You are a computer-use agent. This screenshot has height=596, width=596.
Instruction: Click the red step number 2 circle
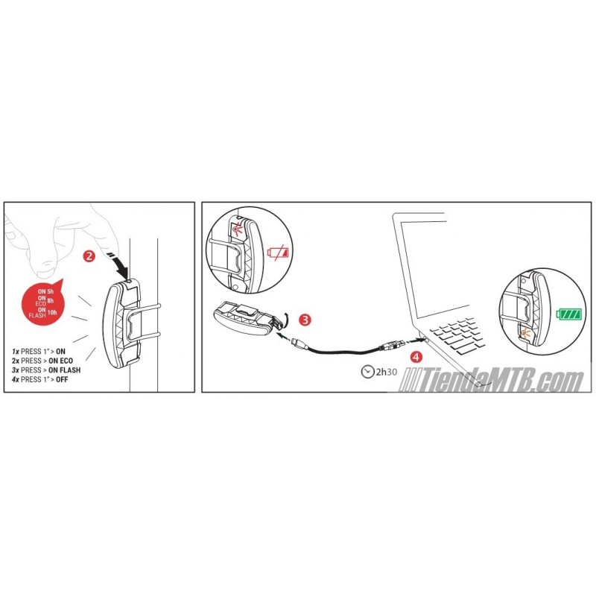point(89,256)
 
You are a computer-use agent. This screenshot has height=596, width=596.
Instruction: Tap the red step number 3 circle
point(305,320)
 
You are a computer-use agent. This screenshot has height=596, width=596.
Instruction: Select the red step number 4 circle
point(416,357)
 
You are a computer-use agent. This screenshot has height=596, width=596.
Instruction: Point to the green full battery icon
point(569,314)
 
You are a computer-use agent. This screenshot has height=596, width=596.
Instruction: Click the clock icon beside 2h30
point(367,371)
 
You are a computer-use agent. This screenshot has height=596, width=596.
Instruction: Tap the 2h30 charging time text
point(386,372)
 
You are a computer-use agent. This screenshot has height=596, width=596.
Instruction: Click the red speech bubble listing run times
point(43,302)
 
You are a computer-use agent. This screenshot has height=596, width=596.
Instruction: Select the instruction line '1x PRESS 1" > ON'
point(39,351)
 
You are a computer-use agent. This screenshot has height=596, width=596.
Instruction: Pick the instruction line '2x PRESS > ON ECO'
point(42,361)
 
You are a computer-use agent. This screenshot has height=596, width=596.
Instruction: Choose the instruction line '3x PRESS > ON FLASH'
point(46,370)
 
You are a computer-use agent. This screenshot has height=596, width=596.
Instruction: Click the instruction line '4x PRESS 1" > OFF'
point(40,379)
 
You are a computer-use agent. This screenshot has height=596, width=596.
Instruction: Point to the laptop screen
point(434,266)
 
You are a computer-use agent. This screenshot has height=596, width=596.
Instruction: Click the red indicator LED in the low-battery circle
point(237,229)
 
